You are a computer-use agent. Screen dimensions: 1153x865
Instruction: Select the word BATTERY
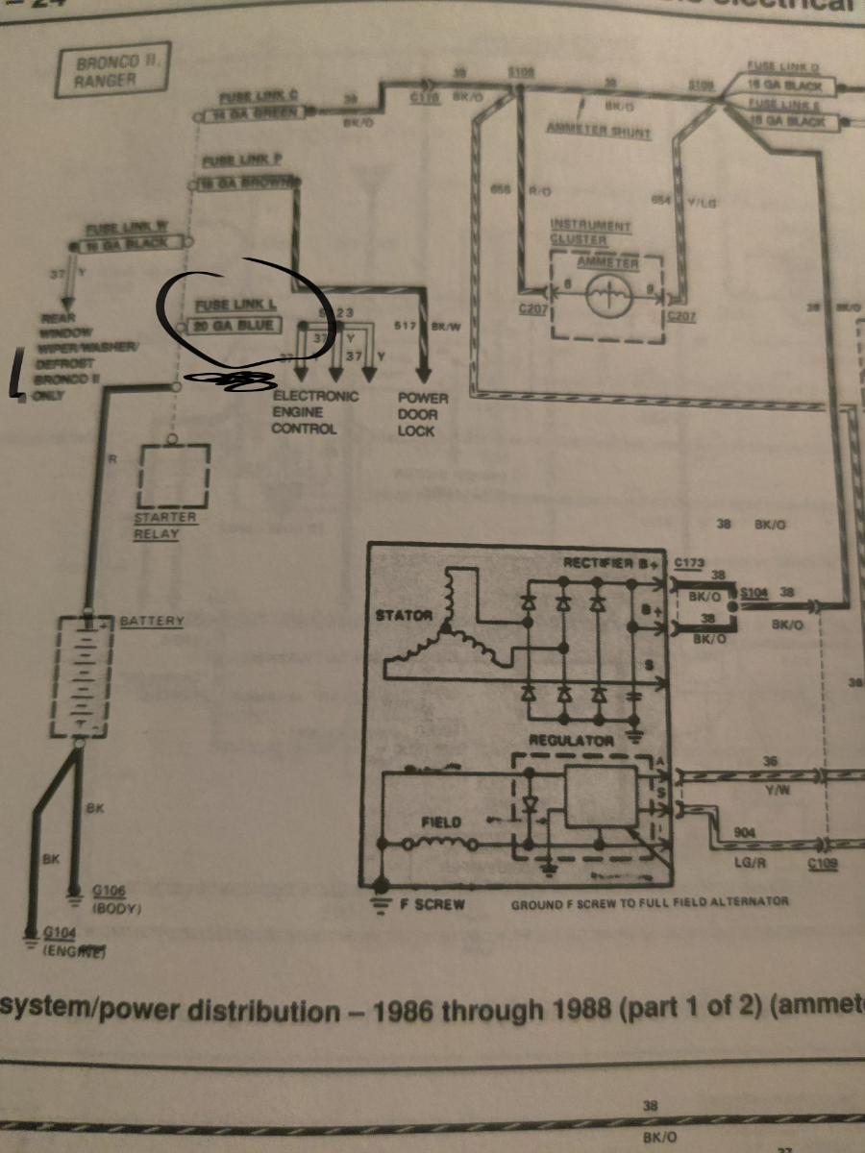tap(152, 622)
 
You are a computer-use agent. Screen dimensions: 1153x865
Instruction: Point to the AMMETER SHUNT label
tap(599, 131)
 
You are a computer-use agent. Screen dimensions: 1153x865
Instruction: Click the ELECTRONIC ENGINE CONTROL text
tap(315, 412)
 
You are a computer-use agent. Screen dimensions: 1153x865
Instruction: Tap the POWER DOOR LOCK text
tap(416, 413)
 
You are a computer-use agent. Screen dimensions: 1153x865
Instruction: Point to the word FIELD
tap(441, 822)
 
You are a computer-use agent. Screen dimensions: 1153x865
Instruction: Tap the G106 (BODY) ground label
tap(116, 897)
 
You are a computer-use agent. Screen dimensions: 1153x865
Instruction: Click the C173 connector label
tap(690, 560)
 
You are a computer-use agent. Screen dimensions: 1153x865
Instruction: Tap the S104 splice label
tap(753, 593)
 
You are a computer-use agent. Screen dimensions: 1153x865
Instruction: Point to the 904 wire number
tap(743, 832)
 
